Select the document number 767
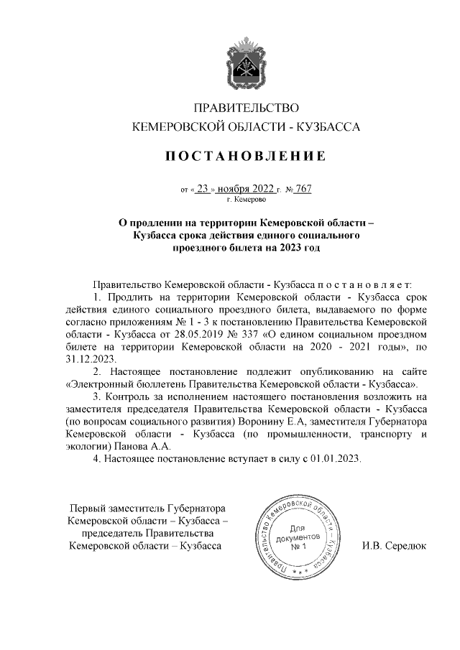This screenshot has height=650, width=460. tap(303, 190)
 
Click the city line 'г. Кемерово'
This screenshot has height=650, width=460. tap(247, 200)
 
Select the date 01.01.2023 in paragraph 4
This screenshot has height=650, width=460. tap(335, 458)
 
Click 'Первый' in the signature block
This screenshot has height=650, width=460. tap(86, 507)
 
